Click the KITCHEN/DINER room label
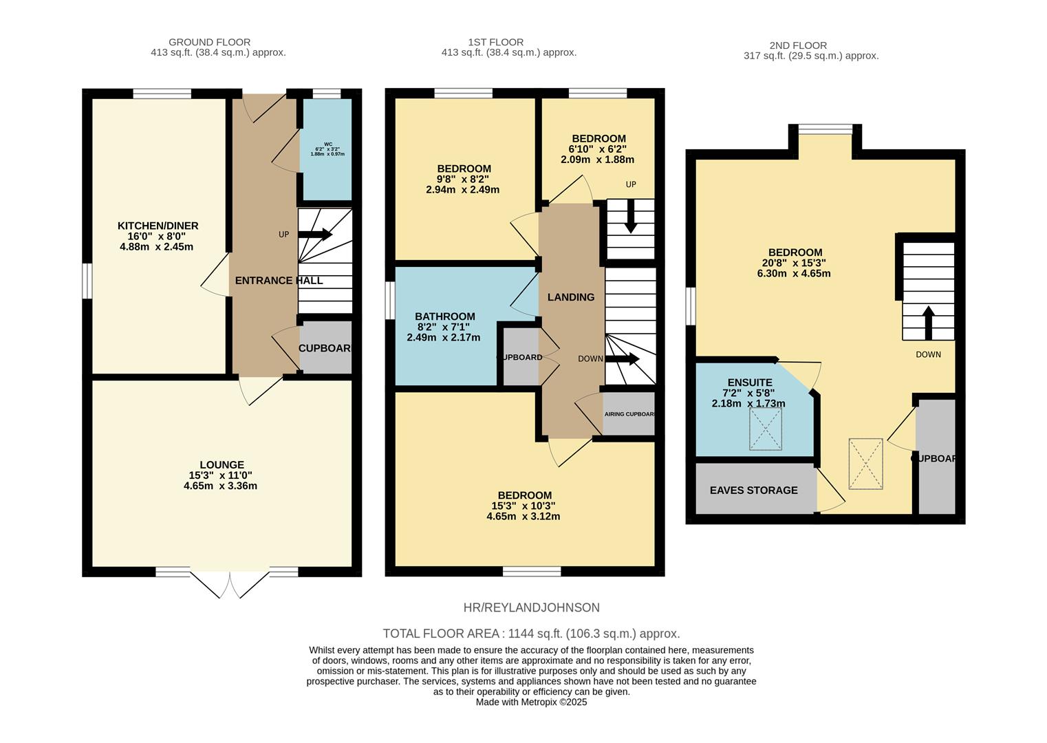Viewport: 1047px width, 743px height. tap(158, 226)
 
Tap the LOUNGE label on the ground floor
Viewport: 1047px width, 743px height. tap(222, 465)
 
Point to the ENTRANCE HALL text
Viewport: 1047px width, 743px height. tap(279, 281)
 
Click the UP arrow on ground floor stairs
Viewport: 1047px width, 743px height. tap(316, 235)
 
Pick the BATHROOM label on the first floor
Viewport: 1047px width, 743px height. tap(446, 316)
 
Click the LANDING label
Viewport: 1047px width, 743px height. tap(570, 297)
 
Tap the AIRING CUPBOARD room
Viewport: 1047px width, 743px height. tap(629, 414)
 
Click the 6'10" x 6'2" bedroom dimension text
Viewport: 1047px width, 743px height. tap(597, 149)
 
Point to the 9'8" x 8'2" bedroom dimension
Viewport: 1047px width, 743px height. tap(463, 180)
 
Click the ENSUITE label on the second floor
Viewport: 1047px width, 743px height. tap(749, 383)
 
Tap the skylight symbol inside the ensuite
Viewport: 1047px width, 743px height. tap(766, 429)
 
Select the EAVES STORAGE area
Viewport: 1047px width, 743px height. tap(754, 490)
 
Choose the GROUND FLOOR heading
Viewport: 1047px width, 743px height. tap(209, 42)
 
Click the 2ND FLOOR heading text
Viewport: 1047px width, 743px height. tap(800, 45)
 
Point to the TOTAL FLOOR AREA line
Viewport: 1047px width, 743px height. tap(531, 634)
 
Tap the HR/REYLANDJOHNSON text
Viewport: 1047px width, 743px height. tap(531, 607)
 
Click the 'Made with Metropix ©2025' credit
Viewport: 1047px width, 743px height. tap(531, 702)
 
